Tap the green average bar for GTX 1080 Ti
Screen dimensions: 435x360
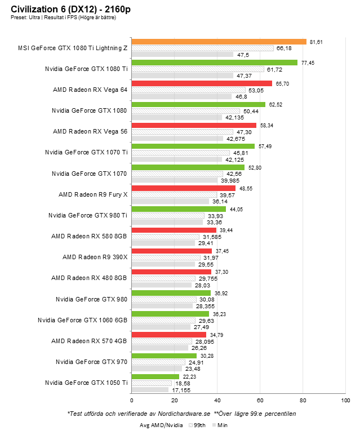pyautogui.click(x=214, y=63)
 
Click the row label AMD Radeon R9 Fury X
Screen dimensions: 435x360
pyautogui.click(x=93, y=194)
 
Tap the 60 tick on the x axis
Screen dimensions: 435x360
pyautogui.click(x=260, y=400)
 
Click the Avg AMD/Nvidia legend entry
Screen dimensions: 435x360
pyautogui.click(x=162, y=425)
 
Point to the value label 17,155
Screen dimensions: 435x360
pyautogui.click(x=181, y=389)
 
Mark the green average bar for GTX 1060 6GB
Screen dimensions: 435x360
pyautogui.click(x=170, y=314)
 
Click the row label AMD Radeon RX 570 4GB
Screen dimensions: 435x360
pyautogui.click(x=90, y=341)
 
